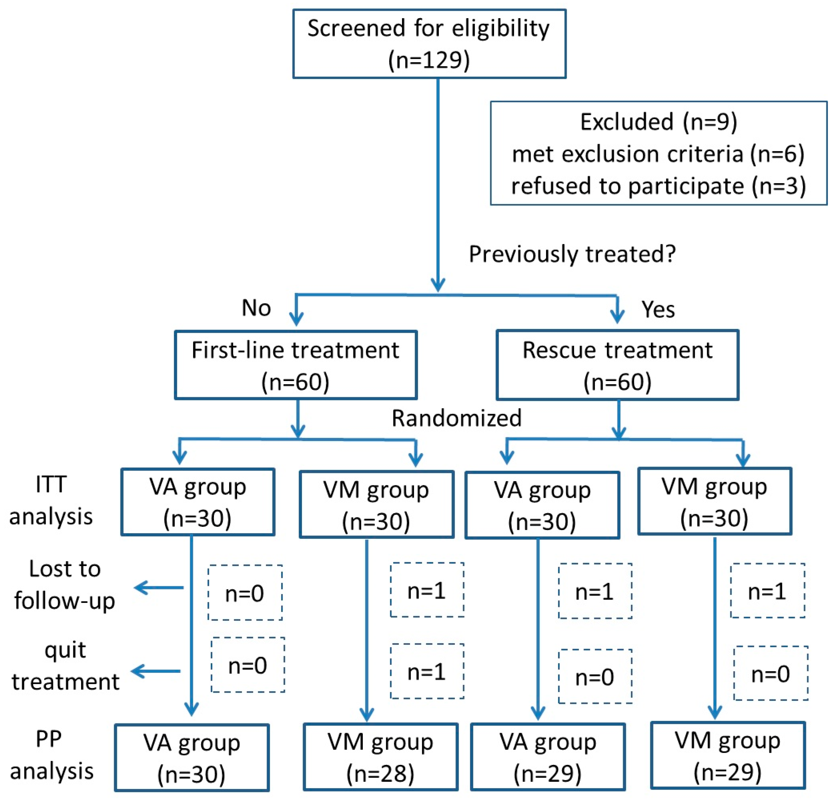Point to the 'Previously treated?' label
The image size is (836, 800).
tap(572, 254)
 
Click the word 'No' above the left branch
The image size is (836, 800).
tap(256, 308)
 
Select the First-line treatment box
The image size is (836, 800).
tap(295, 365)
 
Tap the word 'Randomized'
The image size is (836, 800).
tap(456, 418)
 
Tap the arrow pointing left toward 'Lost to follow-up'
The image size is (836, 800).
tap(158, 588)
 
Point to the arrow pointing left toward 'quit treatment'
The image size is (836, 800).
tap(156, 671)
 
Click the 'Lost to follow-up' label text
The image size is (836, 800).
tap(65, 585)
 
